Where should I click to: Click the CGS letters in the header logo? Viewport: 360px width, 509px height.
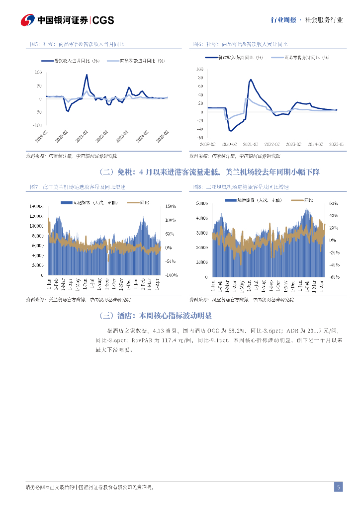(103, 20)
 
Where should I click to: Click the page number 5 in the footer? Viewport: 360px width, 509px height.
(338, 487)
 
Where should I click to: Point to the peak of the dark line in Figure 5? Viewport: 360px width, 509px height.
(87, 75)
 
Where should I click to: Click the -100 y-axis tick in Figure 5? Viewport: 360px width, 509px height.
(38, 125)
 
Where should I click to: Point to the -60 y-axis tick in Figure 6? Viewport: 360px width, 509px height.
(200, 138)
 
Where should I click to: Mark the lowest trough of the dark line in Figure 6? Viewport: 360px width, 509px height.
(230, 131)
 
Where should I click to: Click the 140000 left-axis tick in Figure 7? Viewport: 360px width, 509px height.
(36, 206)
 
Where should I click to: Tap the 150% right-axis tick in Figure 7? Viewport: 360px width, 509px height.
(170, 206)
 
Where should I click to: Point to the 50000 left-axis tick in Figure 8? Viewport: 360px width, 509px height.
(201, 203)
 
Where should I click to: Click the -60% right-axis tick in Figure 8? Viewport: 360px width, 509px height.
(333, 277)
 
